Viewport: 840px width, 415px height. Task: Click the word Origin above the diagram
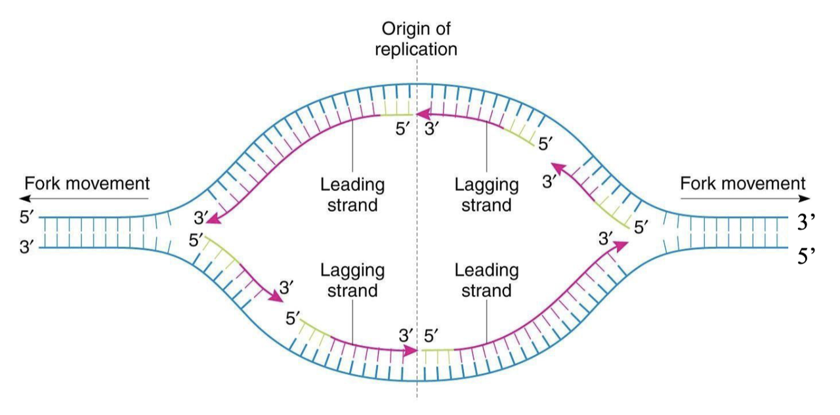[401, 29]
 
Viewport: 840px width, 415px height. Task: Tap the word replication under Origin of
[416, 49]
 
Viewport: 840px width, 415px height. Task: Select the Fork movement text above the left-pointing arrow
[87, 183]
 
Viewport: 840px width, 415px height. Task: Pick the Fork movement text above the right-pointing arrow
[743, 183]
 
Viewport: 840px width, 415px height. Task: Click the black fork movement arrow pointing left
[84, 198]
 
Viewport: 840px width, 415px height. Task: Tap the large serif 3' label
[806, 222]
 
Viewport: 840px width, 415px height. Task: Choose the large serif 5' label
[806, 256]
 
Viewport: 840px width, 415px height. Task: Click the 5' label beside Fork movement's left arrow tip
[27, 217]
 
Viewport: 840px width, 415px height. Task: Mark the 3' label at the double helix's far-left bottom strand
[27, 248]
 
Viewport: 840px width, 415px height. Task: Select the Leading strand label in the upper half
[352, 195]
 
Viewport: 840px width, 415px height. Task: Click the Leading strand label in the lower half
[487, 280]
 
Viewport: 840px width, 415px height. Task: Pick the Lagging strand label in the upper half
[487, 195]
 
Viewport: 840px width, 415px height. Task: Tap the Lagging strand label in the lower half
[352, 280]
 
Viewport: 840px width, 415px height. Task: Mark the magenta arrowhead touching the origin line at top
[421, 114]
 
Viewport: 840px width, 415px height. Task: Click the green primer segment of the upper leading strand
[396, 114]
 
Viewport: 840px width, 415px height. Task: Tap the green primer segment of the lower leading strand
[438, 350]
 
